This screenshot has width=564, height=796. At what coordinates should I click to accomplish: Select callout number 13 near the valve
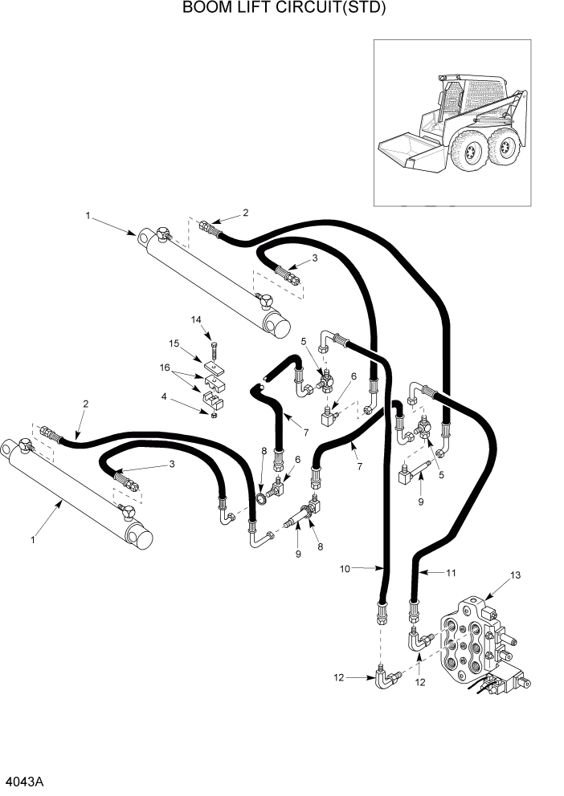516,575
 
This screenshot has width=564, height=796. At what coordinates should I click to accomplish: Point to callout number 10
345,569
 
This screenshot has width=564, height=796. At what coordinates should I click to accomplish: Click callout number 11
451,572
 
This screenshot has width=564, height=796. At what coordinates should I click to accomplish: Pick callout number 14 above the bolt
195,319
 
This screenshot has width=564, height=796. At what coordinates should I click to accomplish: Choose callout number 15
173,344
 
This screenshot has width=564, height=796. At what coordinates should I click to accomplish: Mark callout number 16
165,368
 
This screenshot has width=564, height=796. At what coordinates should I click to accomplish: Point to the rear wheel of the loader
505,144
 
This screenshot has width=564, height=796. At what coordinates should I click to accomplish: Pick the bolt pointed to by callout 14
214,351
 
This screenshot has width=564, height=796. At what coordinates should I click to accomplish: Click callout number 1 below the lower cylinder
33,540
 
